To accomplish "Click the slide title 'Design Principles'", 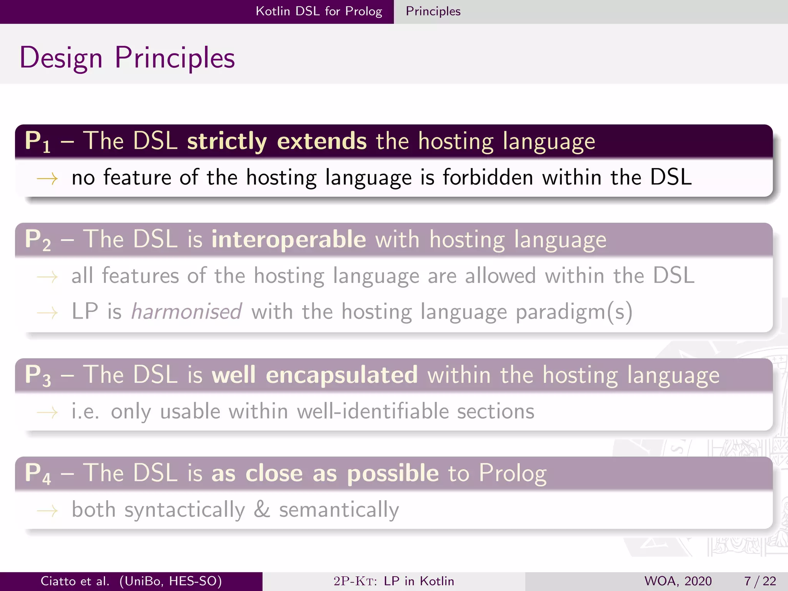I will click(127, 58).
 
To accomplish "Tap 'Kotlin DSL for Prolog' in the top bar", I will click(319, 11).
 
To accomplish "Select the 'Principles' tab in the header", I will click(433, 11).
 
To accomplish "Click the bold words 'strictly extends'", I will click(277, 141).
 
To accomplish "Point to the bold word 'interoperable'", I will click(289, 239).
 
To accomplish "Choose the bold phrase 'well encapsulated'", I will click(314, 374).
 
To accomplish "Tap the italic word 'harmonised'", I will click(186, 311).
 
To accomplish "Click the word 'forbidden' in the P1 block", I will click(487, 177).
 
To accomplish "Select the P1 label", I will click(37, 142).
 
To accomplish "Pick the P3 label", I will click(37, 375).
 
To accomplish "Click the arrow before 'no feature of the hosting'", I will click(47, 179).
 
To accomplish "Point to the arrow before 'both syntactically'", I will click(47, 511).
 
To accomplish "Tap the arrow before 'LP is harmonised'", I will click(47, 312).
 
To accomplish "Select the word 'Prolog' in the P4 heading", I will click(513, 473).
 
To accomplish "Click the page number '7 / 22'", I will click(760, 581).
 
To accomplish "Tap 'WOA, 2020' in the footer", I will click(678, 581).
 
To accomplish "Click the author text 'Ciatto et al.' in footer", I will click(75, 581).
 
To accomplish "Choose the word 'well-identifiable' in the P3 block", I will click(373, 411).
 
